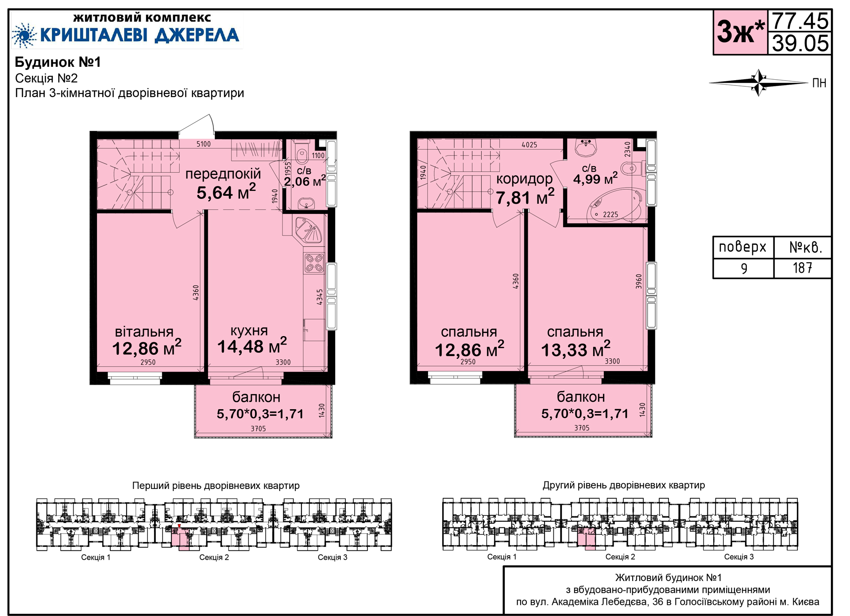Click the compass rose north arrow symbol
pos(759,83)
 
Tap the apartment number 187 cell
pos(802,268)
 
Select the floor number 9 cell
pos(744,268)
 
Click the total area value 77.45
pos(800,21)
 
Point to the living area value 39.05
pos(800,43)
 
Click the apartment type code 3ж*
pos(741,31)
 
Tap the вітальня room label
pos(144,332)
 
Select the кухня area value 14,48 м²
pos(252,346)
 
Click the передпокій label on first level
pos(223,174)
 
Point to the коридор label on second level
pos(525,179)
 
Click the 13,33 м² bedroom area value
pos(576,349)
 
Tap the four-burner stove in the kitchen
pos(314,263)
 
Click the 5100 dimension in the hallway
pos(204,144)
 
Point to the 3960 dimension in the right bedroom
pos(639,282)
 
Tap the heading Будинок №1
pos(58,62)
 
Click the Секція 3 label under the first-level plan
pos(332,557)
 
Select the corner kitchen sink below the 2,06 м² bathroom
pos(310,230)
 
